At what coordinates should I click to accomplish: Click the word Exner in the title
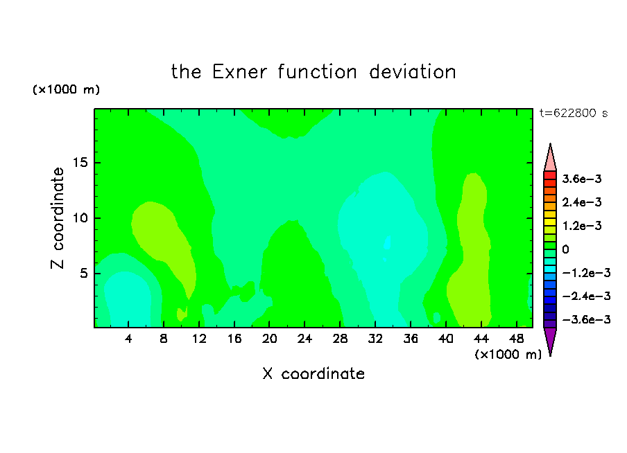pos(239,72)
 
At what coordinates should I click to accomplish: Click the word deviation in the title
pos(412,72)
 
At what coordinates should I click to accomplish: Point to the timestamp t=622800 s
pos(574,114)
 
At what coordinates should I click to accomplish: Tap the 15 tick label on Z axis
pos(80,163)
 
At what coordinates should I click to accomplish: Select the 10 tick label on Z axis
pos(80,218)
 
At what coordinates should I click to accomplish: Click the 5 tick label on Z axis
pos(83,273)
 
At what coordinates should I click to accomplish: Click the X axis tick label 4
pos(128,339)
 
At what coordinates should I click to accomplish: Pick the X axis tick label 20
pos(269,339)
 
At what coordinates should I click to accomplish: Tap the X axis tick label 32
pos(375,339)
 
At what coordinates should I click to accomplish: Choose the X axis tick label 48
pos(516,339)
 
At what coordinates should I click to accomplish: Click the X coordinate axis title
pos(313,374)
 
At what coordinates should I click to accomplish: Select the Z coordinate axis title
pos(58,218)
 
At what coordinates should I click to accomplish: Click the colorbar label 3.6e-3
pos(582,179)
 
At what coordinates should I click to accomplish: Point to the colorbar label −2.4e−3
pos(586,296)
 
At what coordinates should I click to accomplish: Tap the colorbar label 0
pos(565,249)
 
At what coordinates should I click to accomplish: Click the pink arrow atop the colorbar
pos(550,157)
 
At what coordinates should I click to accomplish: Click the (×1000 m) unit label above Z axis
pos(66,89)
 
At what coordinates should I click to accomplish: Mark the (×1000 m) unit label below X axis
pos(508,355)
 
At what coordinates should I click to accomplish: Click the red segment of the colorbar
pos(550,175)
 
